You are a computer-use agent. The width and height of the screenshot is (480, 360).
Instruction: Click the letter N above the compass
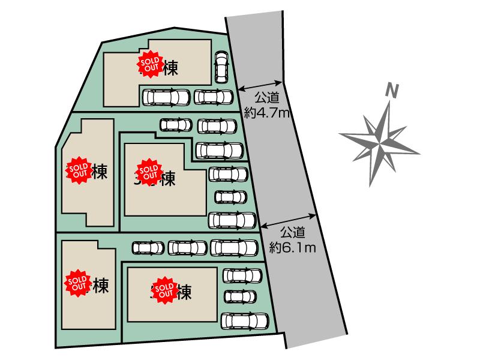click(x=392, y=92)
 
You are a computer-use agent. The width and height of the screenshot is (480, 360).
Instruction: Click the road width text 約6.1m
click(x=293, y=245)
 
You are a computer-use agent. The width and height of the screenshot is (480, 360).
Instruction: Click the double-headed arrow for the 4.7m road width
click(x=260, y=86)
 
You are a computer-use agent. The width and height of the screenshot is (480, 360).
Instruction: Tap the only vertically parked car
click(x=221, y=67)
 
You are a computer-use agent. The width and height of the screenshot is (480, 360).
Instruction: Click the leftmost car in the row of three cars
click(x=148, y=247)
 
